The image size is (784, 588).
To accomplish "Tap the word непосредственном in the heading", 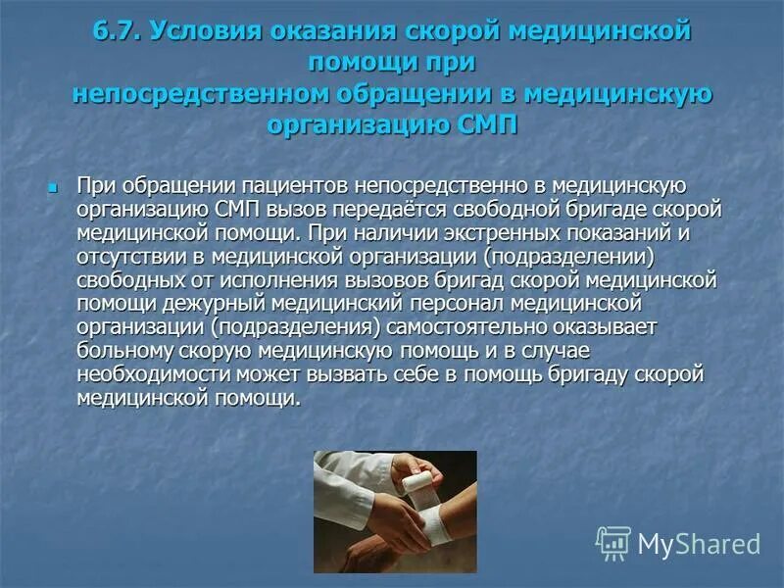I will click(182, 96).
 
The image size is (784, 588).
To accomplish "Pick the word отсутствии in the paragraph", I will click(126, 256).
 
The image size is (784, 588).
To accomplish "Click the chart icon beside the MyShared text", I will click(613, 543).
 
